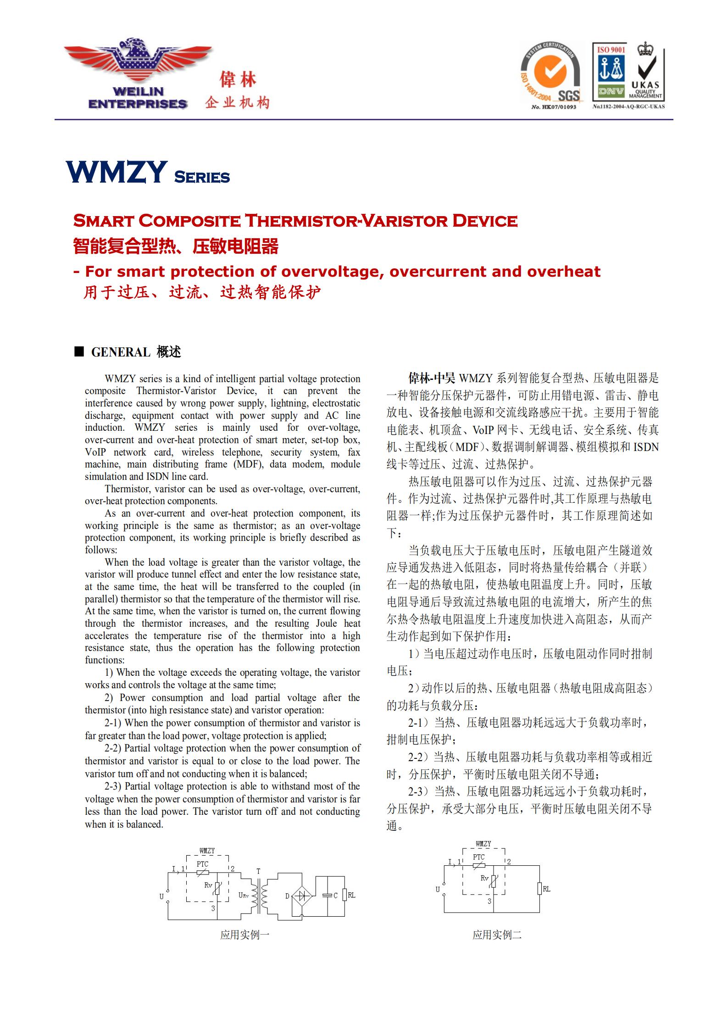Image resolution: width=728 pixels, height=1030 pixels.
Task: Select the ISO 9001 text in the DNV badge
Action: [x=611, y=50]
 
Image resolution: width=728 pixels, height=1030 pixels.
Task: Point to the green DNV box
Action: [x=611, y=91]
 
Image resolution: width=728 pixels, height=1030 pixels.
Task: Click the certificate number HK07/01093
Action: [x=554, y=107]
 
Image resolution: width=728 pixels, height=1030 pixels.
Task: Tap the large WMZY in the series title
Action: [x=117, y=173]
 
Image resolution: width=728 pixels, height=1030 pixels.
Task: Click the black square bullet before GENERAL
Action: [x=79, y=352]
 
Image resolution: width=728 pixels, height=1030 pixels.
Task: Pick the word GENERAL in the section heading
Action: [x=121, y=352]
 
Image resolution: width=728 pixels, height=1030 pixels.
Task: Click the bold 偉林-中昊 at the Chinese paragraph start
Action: [x=432, y=379]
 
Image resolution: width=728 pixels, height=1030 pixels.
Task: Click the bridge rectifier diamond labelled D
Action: [x=301, y=895]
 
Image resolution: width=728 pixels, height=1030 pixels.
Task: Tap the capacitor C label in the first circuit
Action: [x=335, y=895]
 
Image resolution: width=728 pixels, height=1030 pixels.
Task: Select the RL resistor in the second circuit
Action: [x=539, y=889]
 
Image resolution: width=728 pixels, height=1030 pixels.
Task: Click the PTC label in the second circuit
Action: [x=478, y=857]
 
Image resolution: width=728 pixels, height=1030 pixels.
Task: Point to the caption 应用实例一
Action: [x=245, y=935]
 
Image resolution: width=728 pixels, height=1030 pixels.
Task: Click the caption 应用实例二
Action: [x=497, y=935]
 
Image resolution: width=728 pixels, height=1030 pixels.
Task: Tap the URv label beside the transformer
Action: [x=244, y=895]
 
